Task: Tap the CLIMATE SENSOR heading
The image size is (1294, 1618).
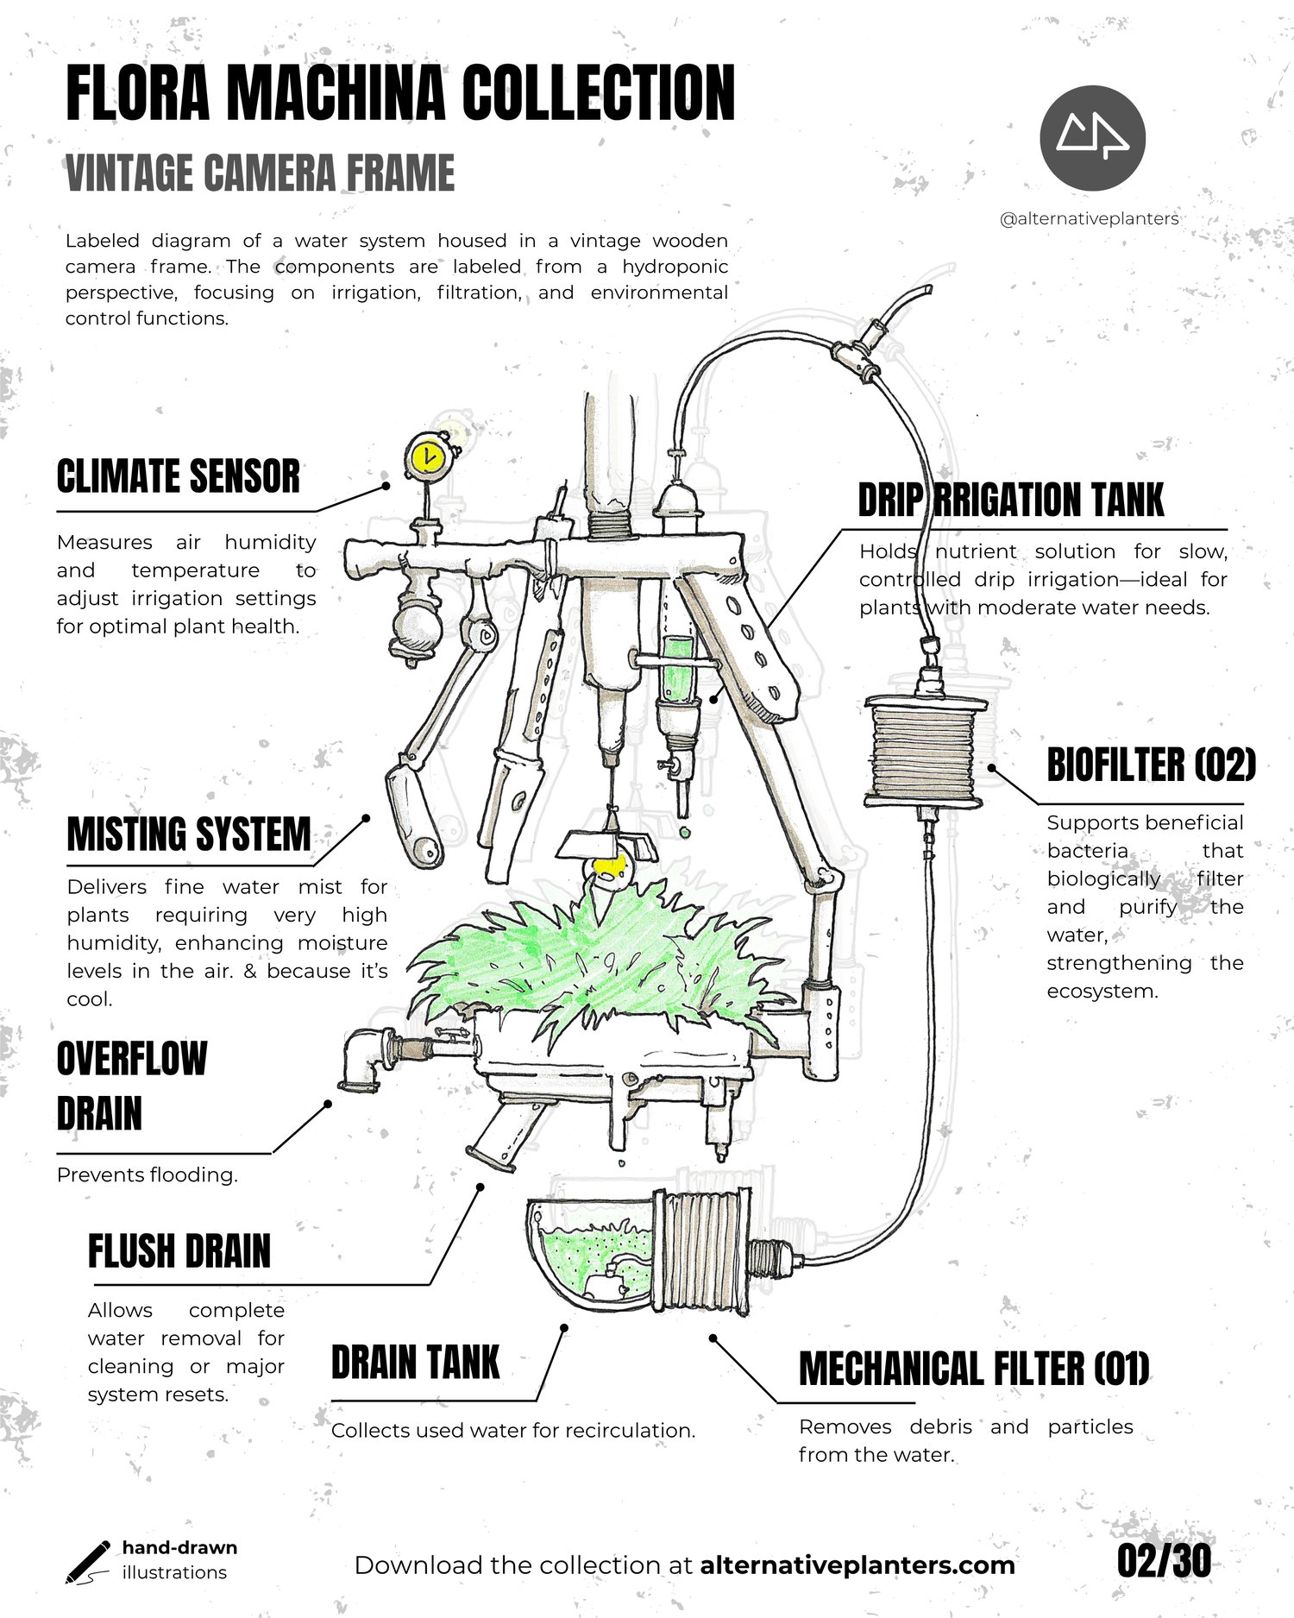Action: click(x=178, y=477)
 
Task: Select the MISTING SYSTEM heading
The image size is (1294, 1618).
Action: click(x=188, y=834)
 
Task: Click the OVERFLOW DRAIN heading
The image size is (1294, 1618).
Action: click(x=131, y=1086)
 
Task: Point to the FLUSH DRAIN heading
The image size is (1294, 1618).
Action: click(x=179, y=1251)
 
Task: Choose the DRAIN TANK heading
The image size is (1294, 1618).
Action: click(x=415, y=1363)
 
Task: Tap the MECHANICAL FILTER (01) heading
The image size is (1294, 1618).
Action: click(x=974, y=1369)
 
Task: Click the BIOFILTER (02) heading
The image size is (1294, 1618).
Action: click(x=1151, y=765)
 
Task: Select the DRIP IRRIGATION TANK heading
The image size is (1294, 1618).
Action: click(x=1010, y=501)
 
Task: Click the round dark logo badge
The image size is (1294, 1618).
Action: click(x=1092, y=138)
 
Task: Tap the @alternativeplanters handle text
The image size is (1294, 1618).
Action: click(x=1089, y=219)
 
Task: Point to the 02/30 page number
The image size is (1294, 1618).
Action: click(x=1164, y=1560)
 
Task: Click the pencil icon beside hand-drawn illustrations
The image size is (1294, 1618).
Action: click(x=87, y=1561)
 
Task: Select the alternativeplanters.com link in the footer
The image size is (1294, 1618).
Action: click(x=857, y=1565)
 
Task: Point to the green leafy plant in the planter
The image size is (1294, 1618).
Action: click(x=595, y=958)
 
